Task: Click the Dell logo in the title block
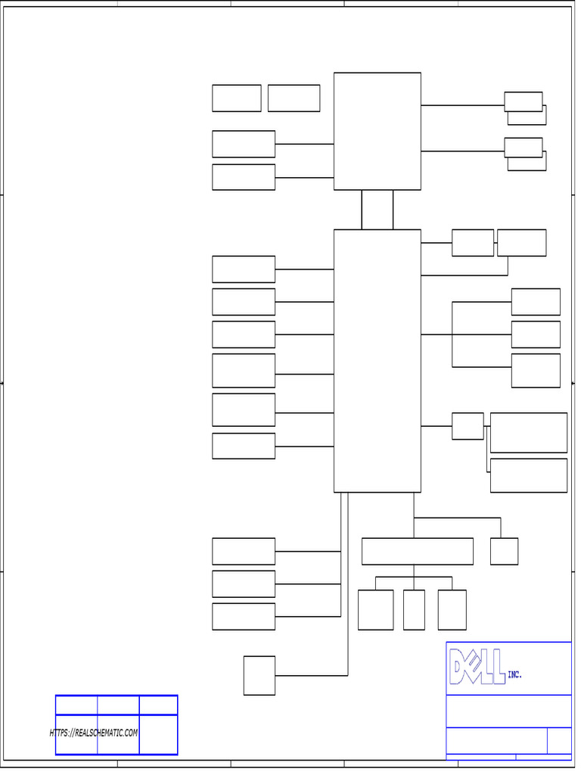(477, 666)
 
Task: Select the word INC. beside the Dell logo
(514, 674)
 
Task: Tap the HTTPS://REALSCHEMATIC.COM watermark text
(94, 733)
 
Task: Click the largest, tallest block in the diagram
(377, 360)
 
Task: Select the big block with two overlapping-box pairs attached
(377, 131)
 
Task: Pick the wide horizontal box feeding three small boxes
(417, 551)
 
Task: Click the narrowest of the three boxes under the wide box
(414, 609)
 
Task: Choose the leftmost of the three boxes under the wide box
(375, 609)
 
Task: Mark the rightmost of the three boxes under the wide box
(452, 609)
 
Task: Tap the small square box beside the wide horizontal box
(504, 551)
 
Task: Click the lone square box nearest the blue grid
(259, 675)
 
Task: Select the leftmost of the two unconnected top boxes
(236, 98)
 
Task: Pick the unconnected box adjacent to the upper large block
(294, 98)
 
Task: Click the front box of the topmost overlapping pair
(523, 101)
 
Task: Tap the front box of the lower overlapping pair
(523, 147)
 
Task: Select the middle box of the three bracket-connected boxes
(536, 334)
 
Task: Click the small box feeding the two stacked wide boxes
(468, 426)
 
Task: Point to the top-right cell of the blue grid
(158, 705)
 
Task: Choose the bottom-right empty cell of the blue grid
(158, 735)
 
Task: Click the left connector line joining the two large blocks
(362, 210)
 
